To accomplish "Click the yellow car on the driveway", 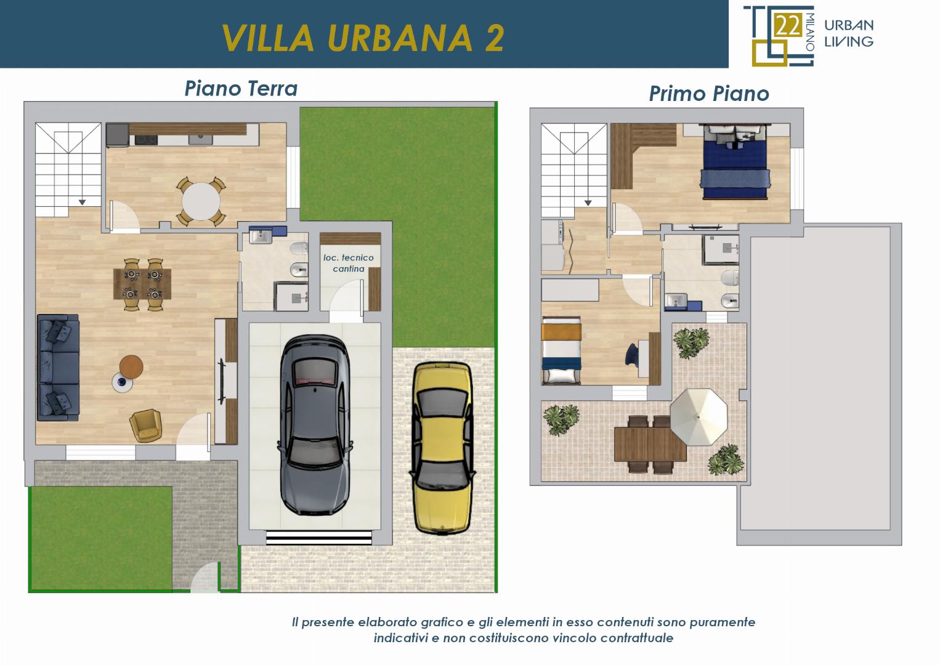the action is tap(442, 448).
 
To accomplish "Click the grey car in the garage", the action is tap(315, 425).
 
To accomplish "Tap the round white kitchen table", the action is tap(201, 201).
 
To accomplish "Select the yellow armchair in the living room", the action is tap(145, 425).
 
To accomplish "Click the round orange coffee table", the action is tap(131, 367).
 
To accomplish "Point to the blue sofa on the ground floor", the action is tap(58, 368).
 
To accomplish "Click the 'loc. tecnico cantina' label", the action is tap(348, 263).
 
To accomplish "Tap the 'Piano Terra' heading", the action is tap(241, 89).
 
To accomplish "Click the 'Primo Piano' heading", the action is tap(709, 94).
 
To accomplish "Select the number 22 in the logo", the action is tap(788, 26).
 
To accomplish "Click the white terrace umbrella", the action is tap(699, 417).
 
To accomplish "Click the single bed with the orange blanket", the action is tap(561, 351).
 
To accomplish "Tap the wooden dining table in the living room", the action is tap(142, 284).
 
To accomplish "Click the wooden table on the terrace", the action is tap(650, 444).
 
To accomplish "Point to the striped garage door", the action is tap(319, 538).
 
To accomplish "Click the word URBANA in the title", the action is tap(400, 38).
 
